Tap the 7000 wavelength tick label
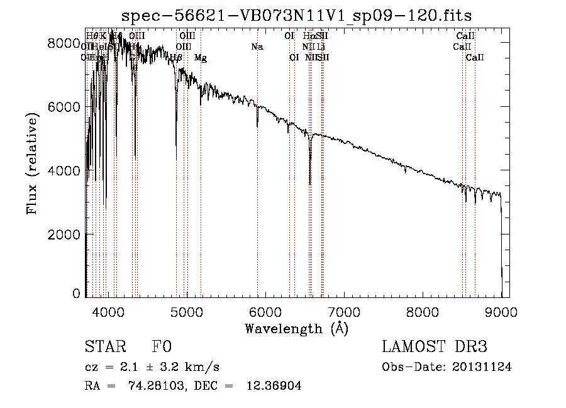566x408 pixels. tap(344, 311)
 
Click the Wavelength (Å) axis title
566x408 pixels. tap(296, 328)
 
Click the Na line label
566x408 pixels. tap(257, 47)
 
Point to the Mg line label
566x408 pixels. tap(201, 58)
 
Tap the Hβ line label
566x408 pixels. tap(176, 58)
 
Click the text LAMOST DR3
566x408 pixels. tap(434, 347)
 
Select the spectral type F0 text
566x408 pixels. tap(162, 347)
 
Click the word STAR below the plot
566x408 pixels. tap(104, 347)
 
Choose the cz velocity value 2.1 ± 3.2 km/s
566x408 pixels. tap(165, 367)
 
